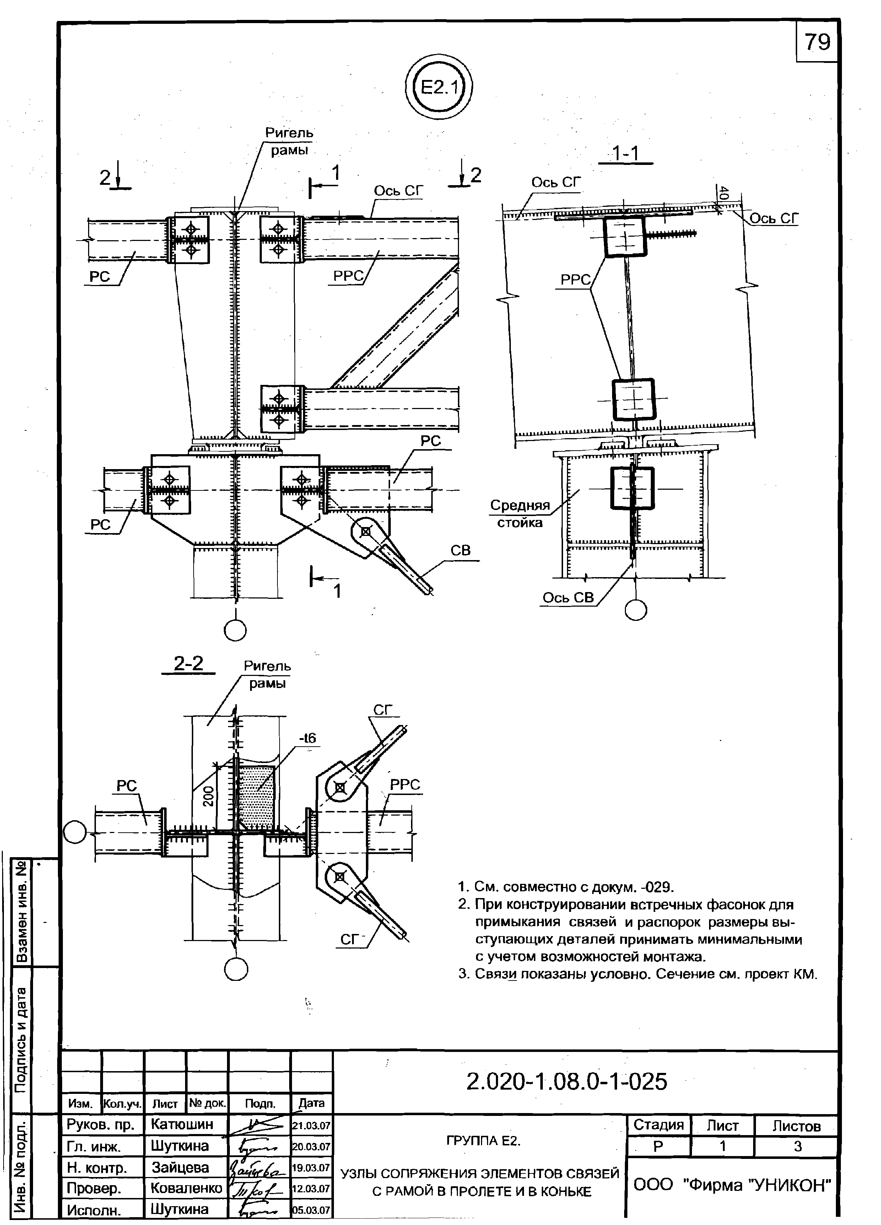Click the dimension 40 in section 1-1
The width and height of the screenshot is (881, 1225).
tap(724, 193)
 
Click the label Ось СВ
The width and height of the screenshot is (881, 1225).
tap(568, 597)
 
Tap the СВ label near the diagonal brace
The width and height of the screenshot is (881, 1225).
tap(460, 550)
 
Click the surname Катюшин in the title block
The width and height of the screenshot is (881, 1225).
tap(182, 1124)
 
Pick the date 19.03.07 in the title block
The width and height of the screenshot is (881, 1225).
tap(311, 1167)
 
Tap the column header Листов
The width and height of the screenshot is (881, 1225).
tap(796, 1125)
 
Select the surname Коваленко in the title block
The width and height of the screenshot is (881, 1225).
tap(186, 1188)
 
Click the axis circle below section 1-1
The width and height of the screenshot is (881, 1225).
tap(636, 610)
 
